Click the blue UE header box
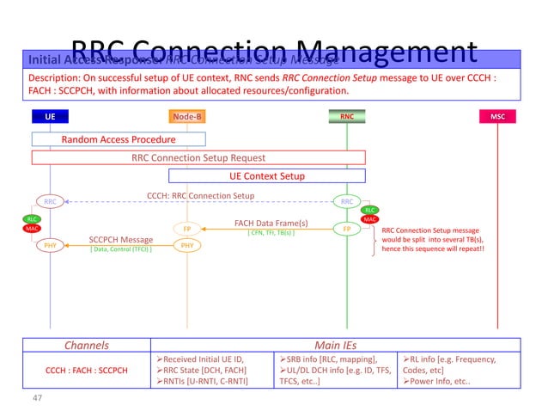tap(50, 116)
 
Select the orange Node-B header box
tap(187, 116)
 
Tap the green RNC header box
tap(347, 116)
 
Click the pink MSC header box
tap(497, 116)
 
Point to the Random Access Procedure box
tap(119, 139)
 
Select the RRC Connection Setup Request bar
tap(198, 157)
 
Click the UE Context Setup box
tap(266, 176)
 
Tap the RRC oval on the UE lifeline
tap(51, 202)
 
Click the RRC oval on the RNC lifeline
tap(347, 202)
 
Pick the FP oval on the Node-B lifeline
tap(187, 230)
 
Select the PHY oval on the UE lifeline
tap(51, 245)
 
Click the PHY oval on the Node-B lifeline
tap(187, 245)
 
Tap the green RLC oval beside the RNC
tap(369, 210)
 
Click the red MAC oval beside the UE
tap(32, 229)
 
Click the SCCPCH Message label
tap(121, 239)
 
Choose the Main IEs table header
tap(337, 346)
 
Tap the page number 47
tap(37, 399)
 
